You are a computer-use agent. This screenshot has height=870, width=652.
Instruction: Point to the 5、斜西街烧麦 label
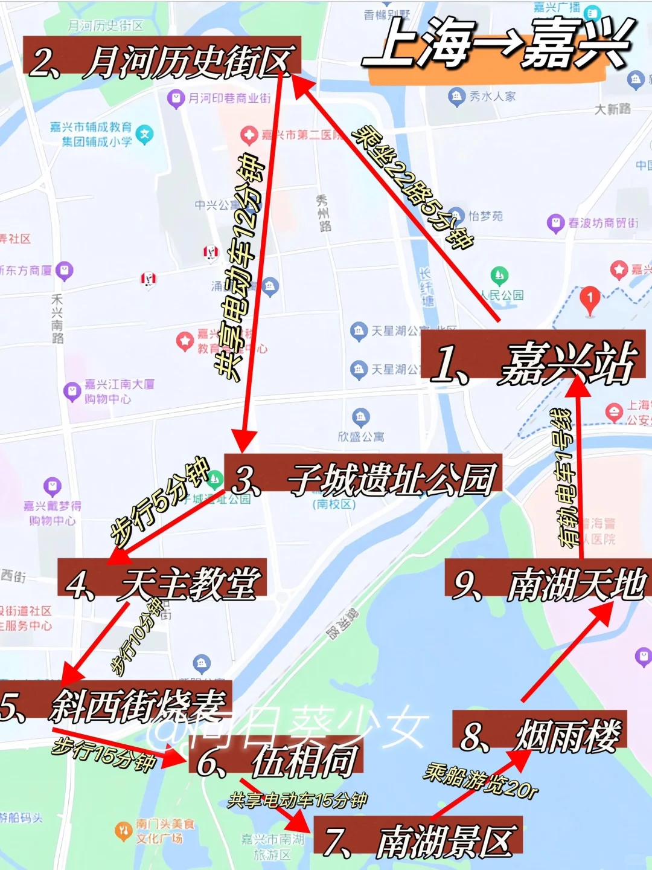point(115,704)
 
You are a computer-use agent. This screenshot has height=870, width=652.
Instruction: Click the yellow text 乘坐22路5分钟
point(413,188)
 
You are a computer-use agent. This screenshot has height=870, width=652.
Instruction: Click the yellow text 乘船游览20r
point(481,781)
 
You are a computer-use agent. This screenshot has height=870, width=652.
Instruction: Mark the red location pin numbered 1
point(590,298)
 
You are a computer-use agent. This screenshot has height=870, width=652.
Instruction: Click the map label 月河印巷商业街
point(229,98)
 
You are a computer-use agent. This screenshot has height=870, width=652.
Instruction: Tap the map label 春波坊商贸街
point(602,223)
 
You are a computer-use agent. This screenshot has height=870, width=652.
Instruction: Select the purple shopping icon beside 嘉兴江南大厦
point(72,391)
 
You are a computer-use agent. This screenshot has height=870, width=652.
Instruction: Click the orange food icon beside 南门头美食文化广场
point(123,831)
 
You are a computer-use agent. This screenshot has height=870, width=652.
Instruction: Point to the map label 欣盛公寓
point(361,436)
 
